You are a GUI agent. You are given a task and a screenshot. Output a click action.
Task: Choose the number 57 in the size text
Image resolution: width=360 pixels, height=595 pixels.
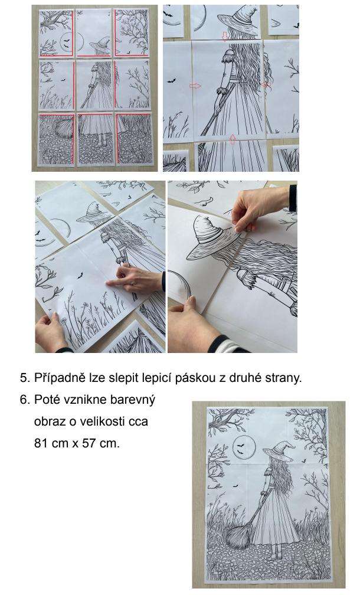pos(88,443)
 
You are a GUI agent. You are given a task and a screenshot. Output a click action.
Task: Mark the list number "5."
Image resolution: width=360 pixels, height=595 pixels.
pos(25,378)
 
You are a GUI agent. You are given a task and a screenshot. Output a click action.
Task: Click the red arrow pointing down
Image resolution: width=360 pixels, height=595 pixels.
pos(225,37)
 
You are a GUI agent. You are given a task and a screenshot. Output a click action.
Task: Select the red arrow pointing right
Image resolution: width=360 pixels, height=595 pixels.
pos(195,86)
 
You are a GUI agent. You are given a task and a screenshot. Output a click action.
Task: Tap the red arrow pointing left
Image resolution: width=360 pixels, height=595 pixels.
pos(266,84)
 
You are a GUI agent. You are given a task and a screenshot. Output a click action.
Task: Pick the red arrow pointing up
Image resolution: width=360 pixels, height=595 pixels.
pos(233,139)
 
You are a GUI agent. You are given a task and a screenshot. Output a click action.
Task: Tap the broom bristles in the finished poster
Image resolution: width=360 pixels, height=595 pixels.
pos(238,535)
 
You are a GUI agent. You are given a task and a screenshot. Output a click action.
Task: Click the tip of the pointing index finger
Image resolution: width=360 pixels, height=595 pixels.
pos(107,282)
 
